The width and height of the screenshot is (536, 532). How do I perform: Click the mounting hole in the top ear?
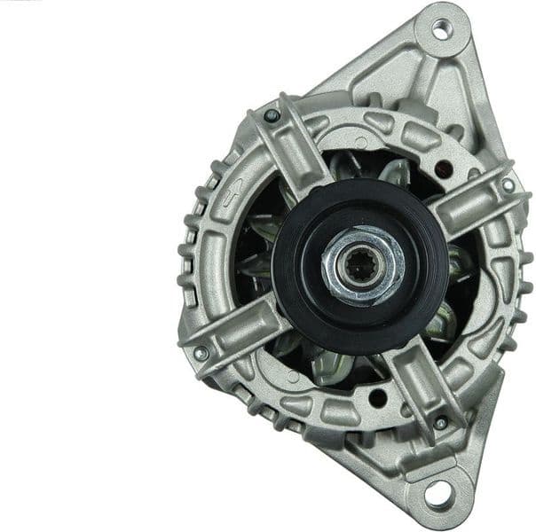(x=441, y=29)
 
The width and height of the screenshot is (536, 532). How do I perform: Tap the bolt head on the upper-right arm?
(x=508, y=185)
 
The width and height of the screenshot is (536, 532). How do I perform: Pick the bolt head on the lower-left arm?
(x=201, y=353)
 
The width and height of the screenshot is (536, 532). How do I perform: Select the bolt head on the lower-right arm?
(x=440, y=422)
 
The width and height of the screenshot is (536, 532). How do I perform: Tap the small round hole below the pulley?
(x=376, y=398)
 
